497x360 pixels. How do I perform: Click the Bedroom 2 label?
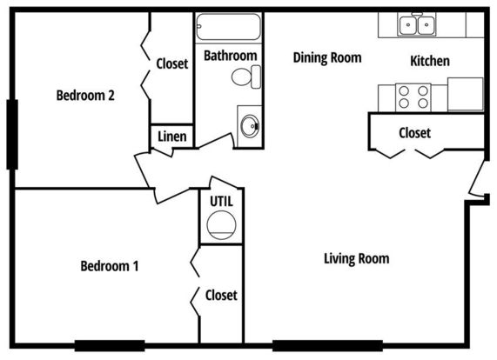pyautogui.click(x=85, y=96)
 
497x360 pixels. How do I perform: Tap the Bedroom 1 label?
pyautogui.click(x=110, y=266)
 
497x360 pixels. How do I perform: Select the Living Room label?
pyautogui.click(x=357, y=258)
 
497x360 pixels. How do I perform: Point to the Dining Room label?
pyautogui.click(x=327, y=57)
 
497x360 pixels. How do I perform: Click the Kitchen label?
pyautogui.click(x=430, y=61)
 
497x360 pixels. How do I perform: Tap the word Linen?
pyautogui.click(x=172, y=137)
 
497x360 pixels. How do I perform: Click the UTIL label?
pyautogui.click(x=221, y=202)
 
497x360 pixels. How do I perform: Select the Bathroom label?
pyautogui.click(x=230, y=56)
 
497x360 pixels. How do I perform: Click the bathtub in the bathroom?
pyautogui.click(x=229, y=27)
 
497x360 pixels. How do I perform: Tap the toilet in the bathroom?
pyautogui.click(x=246, y=77)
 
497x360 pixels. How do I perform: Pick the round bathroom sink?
pyautogui.click(x=250, y=126)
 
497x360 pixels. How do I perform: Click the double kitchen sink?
pyautogui.click(x=417, y=24)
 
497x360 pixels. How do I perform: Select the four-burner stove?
pyautogui.click(x=413, y=97)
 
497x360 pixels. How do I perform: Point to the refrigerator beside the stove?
pyautogui.click(x=466, y=94)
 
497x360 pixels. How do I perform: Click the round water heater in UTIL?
pyautogui.click(x=221, y=225)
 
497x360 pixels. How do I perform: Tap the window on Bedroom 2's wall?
pyautogui.click(x=12, y=135)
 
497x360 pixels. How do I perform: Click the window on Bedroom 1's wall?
pyautogui.click(x=110, y=346)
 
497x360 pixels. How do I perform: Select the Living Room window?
pyautogui.click(x=327, y=346)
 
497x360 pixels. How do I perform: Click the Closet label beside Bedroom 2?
pyautogui.click(x=172, y=63)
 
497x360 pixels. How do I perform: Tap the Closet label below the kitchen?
pyautogui.click(x=414, y=133)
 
